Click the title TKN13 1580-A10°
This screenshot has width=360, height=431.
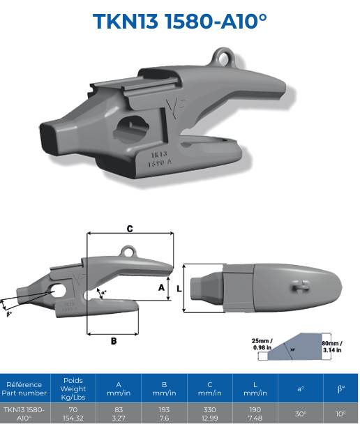click(180, 21)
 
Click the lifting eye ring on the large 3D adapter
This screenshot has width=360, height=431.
click(223, 54)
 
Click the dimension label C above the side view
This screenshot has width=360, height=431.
click(130, 228)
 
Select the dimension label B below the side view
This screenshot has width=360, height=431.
click(113, 340)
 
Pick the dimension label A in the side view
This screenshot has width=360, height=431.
click(160, 287)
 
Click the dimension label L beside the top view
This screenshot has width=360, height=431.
click(179, 287)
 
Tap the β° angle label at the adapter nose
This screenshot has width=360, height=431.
click(9, 314)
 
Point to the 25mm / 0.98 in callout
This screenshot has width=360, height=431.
click(262, 344)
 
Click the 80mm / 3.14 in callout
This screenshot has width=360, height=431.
click(332, 346)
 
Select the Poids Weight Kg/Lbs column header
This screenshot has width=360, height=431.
click(73, 388)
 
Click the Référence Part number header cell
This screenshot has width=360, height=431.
click(24, 388)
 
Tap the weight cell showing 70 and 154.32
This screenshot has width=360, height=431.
click(73, 414)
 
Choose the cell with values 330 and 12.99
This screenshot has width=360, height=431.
click(209, 414)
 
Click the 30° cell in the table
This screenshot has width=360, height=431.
click(300, 414)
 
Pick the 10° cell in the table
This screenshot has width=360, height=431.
click(340, 414)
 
